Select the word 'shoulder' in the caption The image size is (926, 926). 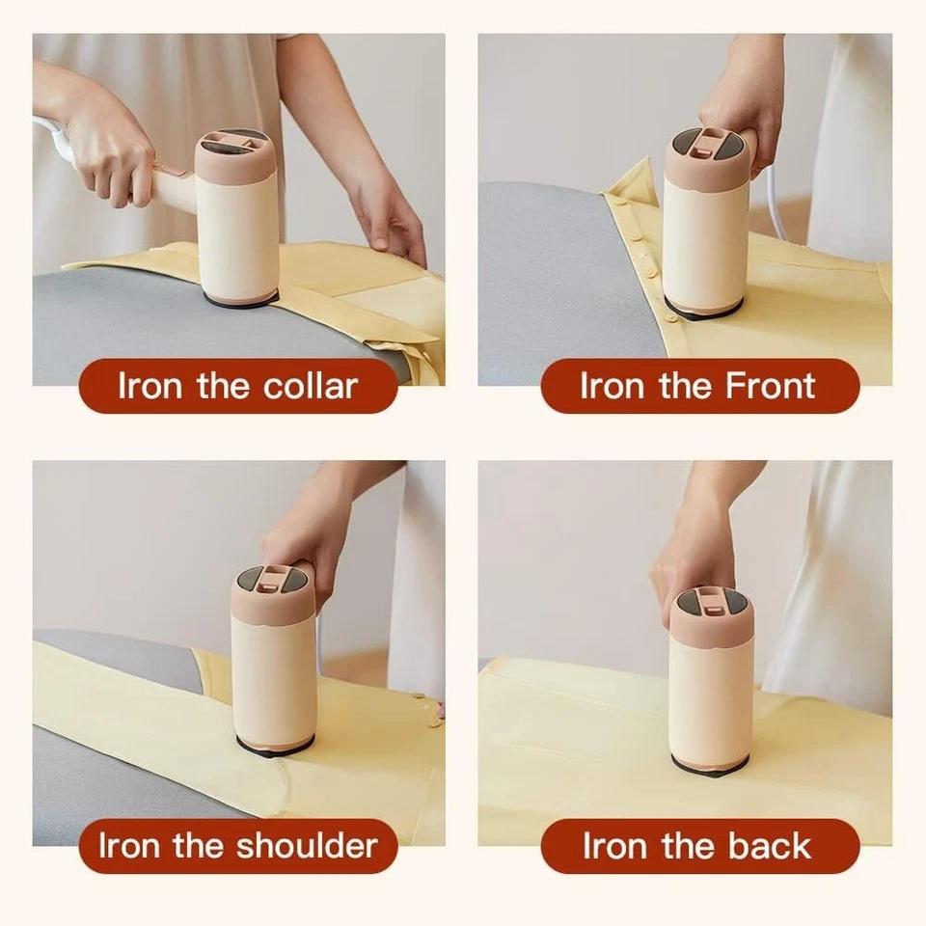308,847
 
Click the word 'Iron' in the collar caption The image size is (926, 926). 150,387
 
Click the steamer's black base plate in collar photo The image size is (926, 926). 241,299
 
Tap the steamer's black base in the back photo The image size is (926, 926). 709,766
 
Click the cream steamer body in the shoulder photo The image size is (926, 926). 274,675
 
